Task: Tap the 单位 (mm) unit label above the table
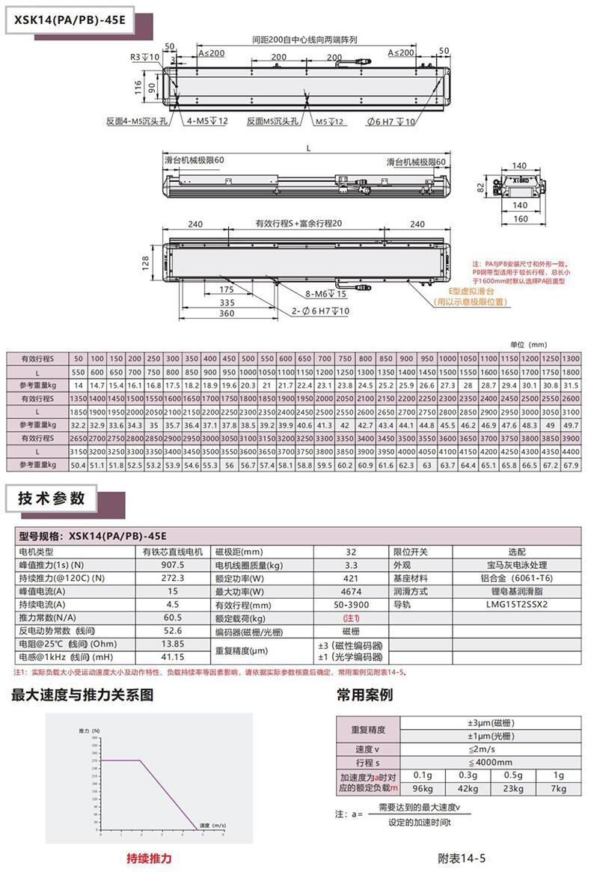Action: click(528, 344)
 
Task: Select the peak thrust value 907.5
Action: click(172, 564)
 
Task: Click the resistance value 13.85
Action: click(172, 644)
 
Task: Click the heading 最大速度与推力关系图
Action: click(82, 695)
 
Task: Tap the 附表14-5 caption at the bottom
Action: click(462, 858)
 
